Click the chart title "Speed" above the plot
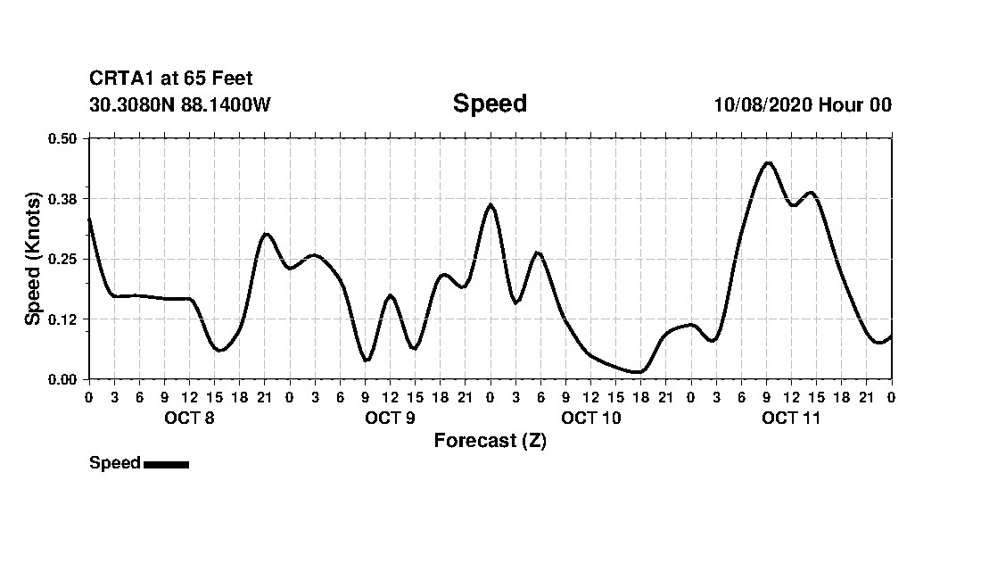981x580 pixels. pyautogui.click(x=490, y=104)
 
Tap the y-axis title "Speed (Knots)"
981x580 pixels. pyautogui.click(x=33, y=258)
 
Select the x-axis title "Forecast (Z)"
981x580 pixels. pyautogui.click(x=490, y=440)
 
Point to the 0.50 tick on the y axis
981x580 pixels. pyautogui.click(x=62, y=138)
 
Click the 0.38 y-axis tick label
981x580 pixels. pyautogui.click(x=62, y=198)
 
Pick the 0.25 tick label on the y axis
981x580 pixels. pyautogui.click(x=62, y=259)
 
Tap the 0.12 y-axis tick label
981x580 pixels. pyautogui.click(x=62, y=319)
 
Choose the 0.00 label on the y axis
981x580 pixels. pyautogui.click(x=62, y=379)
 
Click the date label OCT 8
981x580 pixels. pyautogui.click(x=189, y=418)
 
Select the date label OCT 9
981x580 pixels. pyautogui.click(x=390, y=418)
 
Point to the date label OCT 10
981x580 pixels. pyautogui.click(x=590, y=418)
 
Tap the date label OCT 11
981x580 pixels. pyautogui.click(x=791, y=418)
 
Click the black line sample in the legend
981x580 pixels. pyautogui.click(x=166, y=464)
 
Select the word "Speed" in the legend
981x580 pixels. pyautogui.click(x=115, y=463)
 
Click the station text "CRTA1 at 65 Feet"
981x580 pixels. pyautogui.click(x=171, y=79)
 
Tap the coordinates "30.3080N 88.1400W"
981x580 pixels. pyautogui.click(x=180, y=105)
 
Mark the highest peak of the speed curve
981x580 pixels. pyautogui.click(x=768, y=162)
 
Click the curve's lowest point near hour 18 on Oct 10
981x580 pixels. pyautogui.click(x=637, y=372)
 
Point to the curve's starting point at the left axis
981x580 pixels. pyautogui.click(x=89, y=218)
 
